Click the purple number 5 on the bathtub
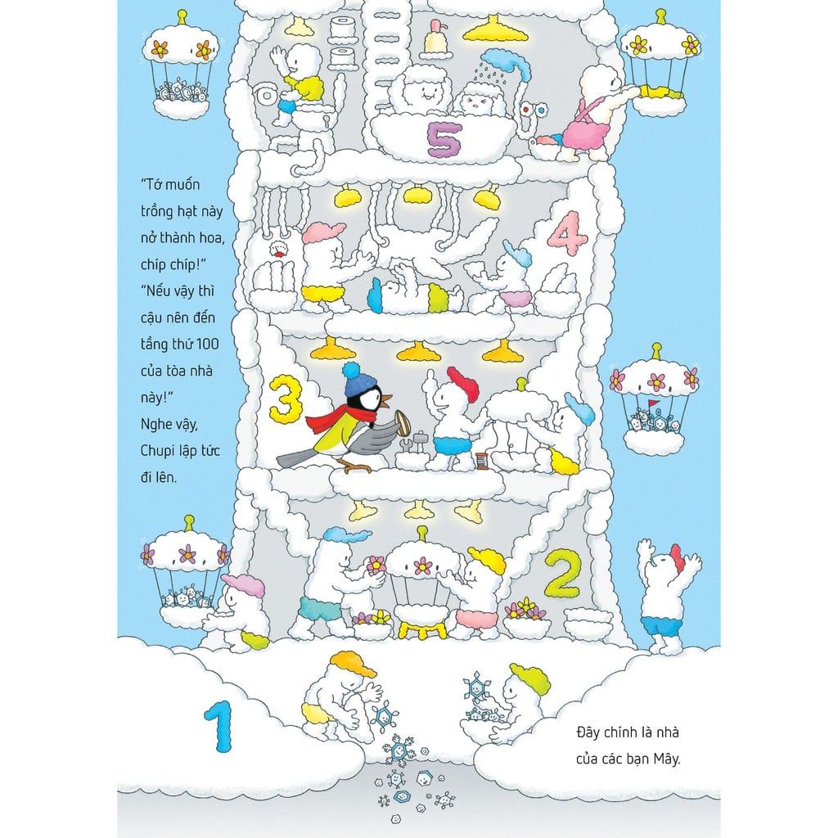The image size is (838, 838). (x=444, y=140)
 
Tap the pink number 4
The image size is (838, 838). (x=568, y=233)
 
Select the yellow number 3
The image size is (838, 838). (x=283, y=398)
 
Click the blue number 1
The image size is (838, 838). (x=219, y=726)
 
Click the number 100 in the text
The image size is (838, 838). (x=207, y=344)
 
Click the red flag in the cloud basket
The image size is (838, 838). (x=651, y=402)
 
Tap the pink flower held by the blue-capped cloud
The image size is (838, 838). (x=376, y=565)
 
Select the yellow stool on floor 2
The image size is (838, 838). (x=422, y=629)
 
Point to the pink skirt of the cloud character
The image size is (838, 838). (x=588, y=132)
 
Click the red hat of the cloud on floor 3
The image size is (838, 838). (x=463, y=383)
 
